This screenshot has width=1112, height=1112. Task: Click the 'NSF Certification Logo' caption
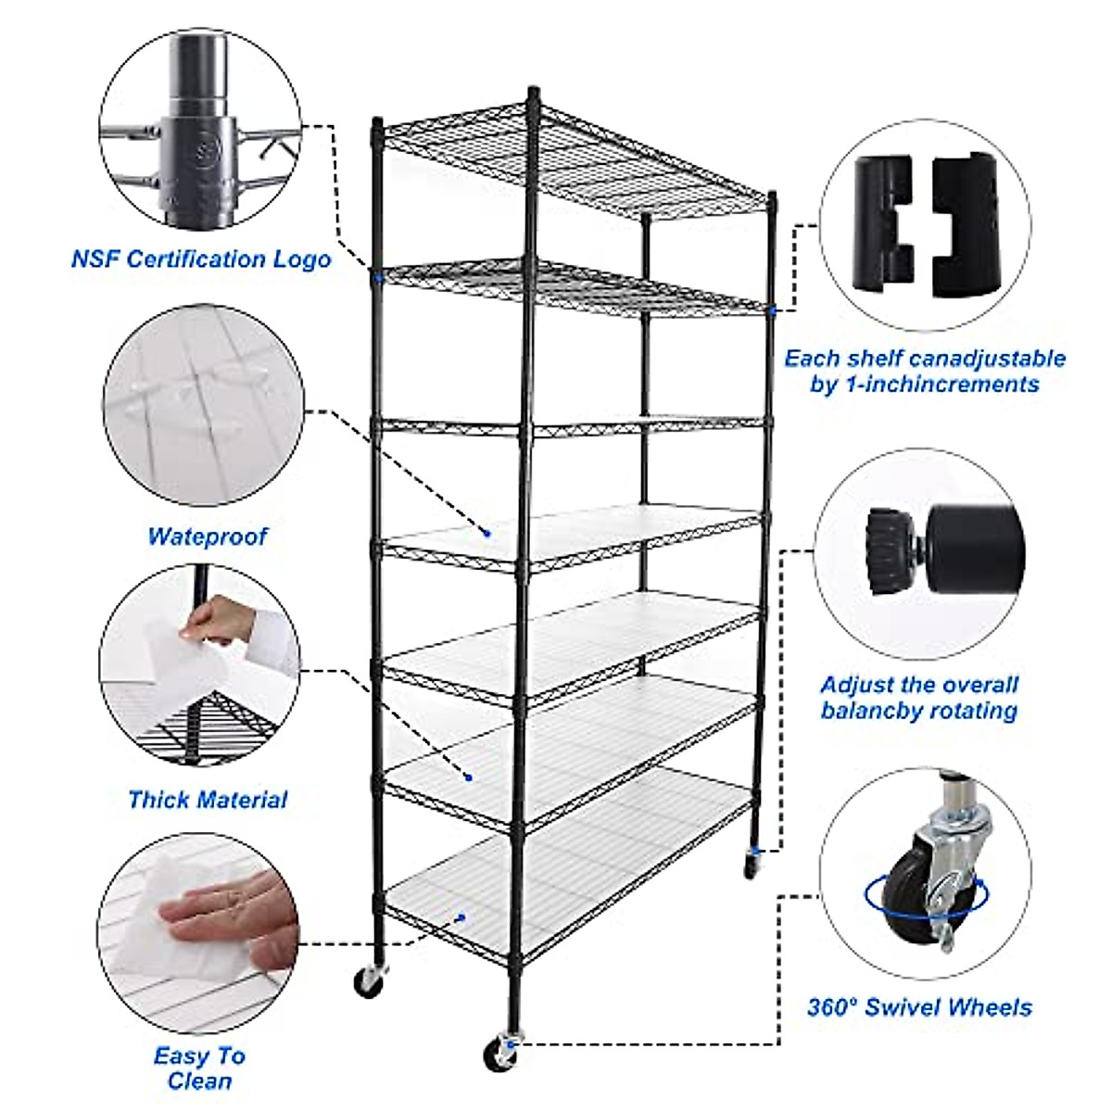click(201, 259)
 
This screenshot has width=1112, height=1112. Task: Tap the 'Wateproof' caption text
click(207, 536)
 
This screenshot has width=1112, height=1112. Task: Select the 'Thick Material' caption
click(208, 799)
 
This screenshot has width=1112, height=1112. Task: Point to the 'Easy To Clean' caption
click(200, 1068)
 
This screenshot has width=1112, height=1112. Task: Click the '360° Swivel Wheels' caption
click(918, 1007)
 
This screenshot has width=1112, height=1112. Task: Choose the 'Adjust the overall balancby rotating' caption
click(918, 698)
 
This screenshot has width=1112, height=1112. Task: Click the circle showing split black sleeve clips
click(924, 226)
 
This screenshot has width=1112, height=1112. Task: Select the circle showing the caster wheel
click(924, 874)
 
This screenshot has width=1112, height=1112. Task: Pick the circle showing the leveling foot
click(924, 554)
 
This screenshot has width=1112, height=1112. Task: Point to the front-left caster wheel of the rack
click(368, 981)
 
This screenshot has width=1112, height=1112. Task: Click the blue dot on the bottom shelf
click(460, 918)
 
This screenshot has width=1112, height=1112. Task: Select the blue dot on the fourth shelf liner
click(486, 533)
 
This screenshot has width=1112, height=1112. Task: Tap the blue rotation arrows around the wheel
click(927, 895)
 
